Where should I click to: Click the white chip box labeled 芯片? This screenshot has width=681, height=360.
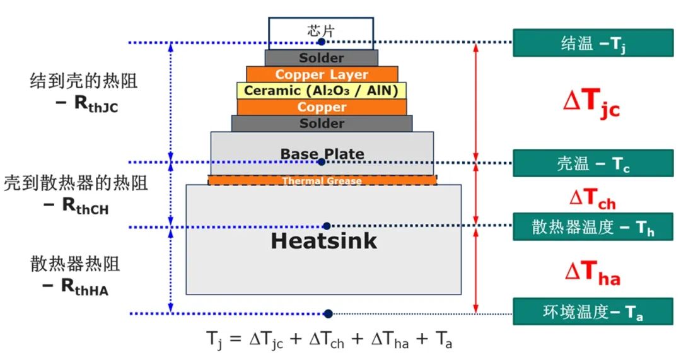(320, 30)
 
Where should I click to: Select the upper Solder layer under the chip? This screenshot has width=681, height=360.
(322, 58)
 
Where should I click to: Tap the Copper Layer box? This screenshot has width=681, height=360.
(322, 74)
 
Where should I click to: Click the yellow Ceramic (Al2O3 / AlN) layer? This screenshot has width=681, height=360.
(322, 91)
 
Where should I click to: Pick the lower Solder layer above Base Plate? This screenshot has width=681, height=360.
(322, 124)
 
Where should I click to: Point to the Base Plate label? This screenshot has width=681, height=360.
(322, 154)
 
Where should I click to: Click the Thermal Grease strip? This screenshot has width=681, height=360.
(322, 181)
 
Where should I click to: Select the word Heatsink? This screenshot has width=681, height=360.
(323, 241)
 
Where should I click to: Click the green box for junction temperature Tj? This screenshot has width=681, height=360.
(593, 43)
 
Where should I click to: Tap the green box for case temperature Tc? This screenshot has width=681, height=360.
(593, 163)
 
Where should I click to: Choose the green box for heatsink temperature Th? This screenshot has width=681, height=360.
(593, 227)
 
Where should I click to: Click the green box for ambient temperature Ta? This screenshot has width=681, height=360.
(593, 311)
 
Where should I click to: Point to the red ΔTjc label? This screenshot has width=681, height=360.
(591, 103)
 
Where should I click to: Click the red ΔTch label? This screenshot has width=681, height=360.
(592, 199)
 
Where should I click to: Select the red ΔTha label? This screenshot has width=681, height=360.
(592, 273)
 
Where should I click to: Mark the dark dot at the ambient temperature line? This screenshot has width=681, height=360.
(328, 313)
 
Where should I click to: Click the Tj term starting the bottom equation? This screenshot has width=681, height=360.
(214, 339)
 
